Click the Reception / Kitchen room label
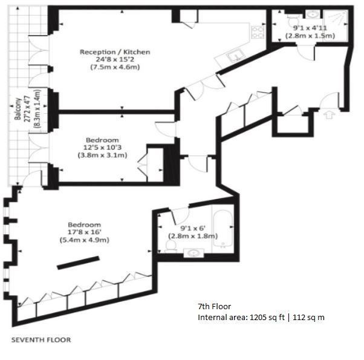point(115,52)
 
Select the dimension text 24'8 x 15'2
point(115,59)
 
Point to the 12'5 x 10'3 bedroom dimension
point(102,147)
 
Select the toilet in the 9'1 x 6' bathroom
point(169,244)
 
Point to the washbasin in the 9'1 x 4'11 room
point(312,15)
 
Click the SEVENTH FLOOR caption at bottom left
point(41,340)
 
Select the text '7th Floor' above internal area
point(214,306)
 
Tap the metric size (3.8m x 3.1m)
point(102,155)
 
